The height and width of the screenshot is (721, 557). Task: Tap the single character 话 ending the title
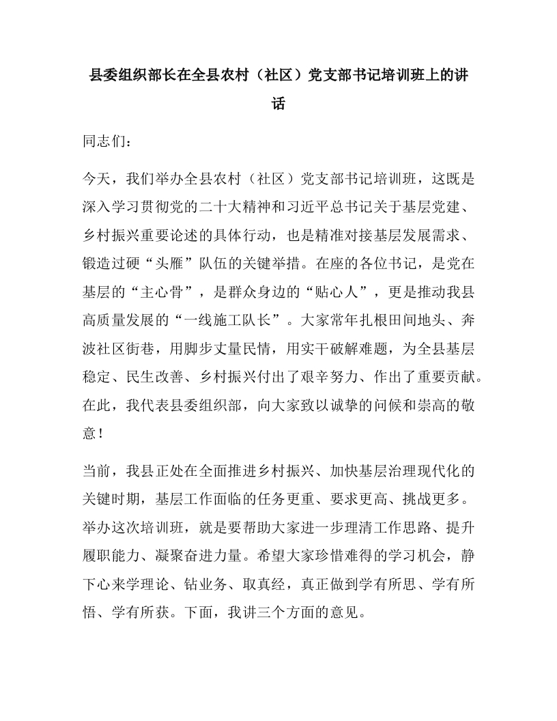[x=278, y=104]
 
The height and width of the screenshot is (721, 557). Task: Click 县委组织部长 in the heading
[x=136, y=74]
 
